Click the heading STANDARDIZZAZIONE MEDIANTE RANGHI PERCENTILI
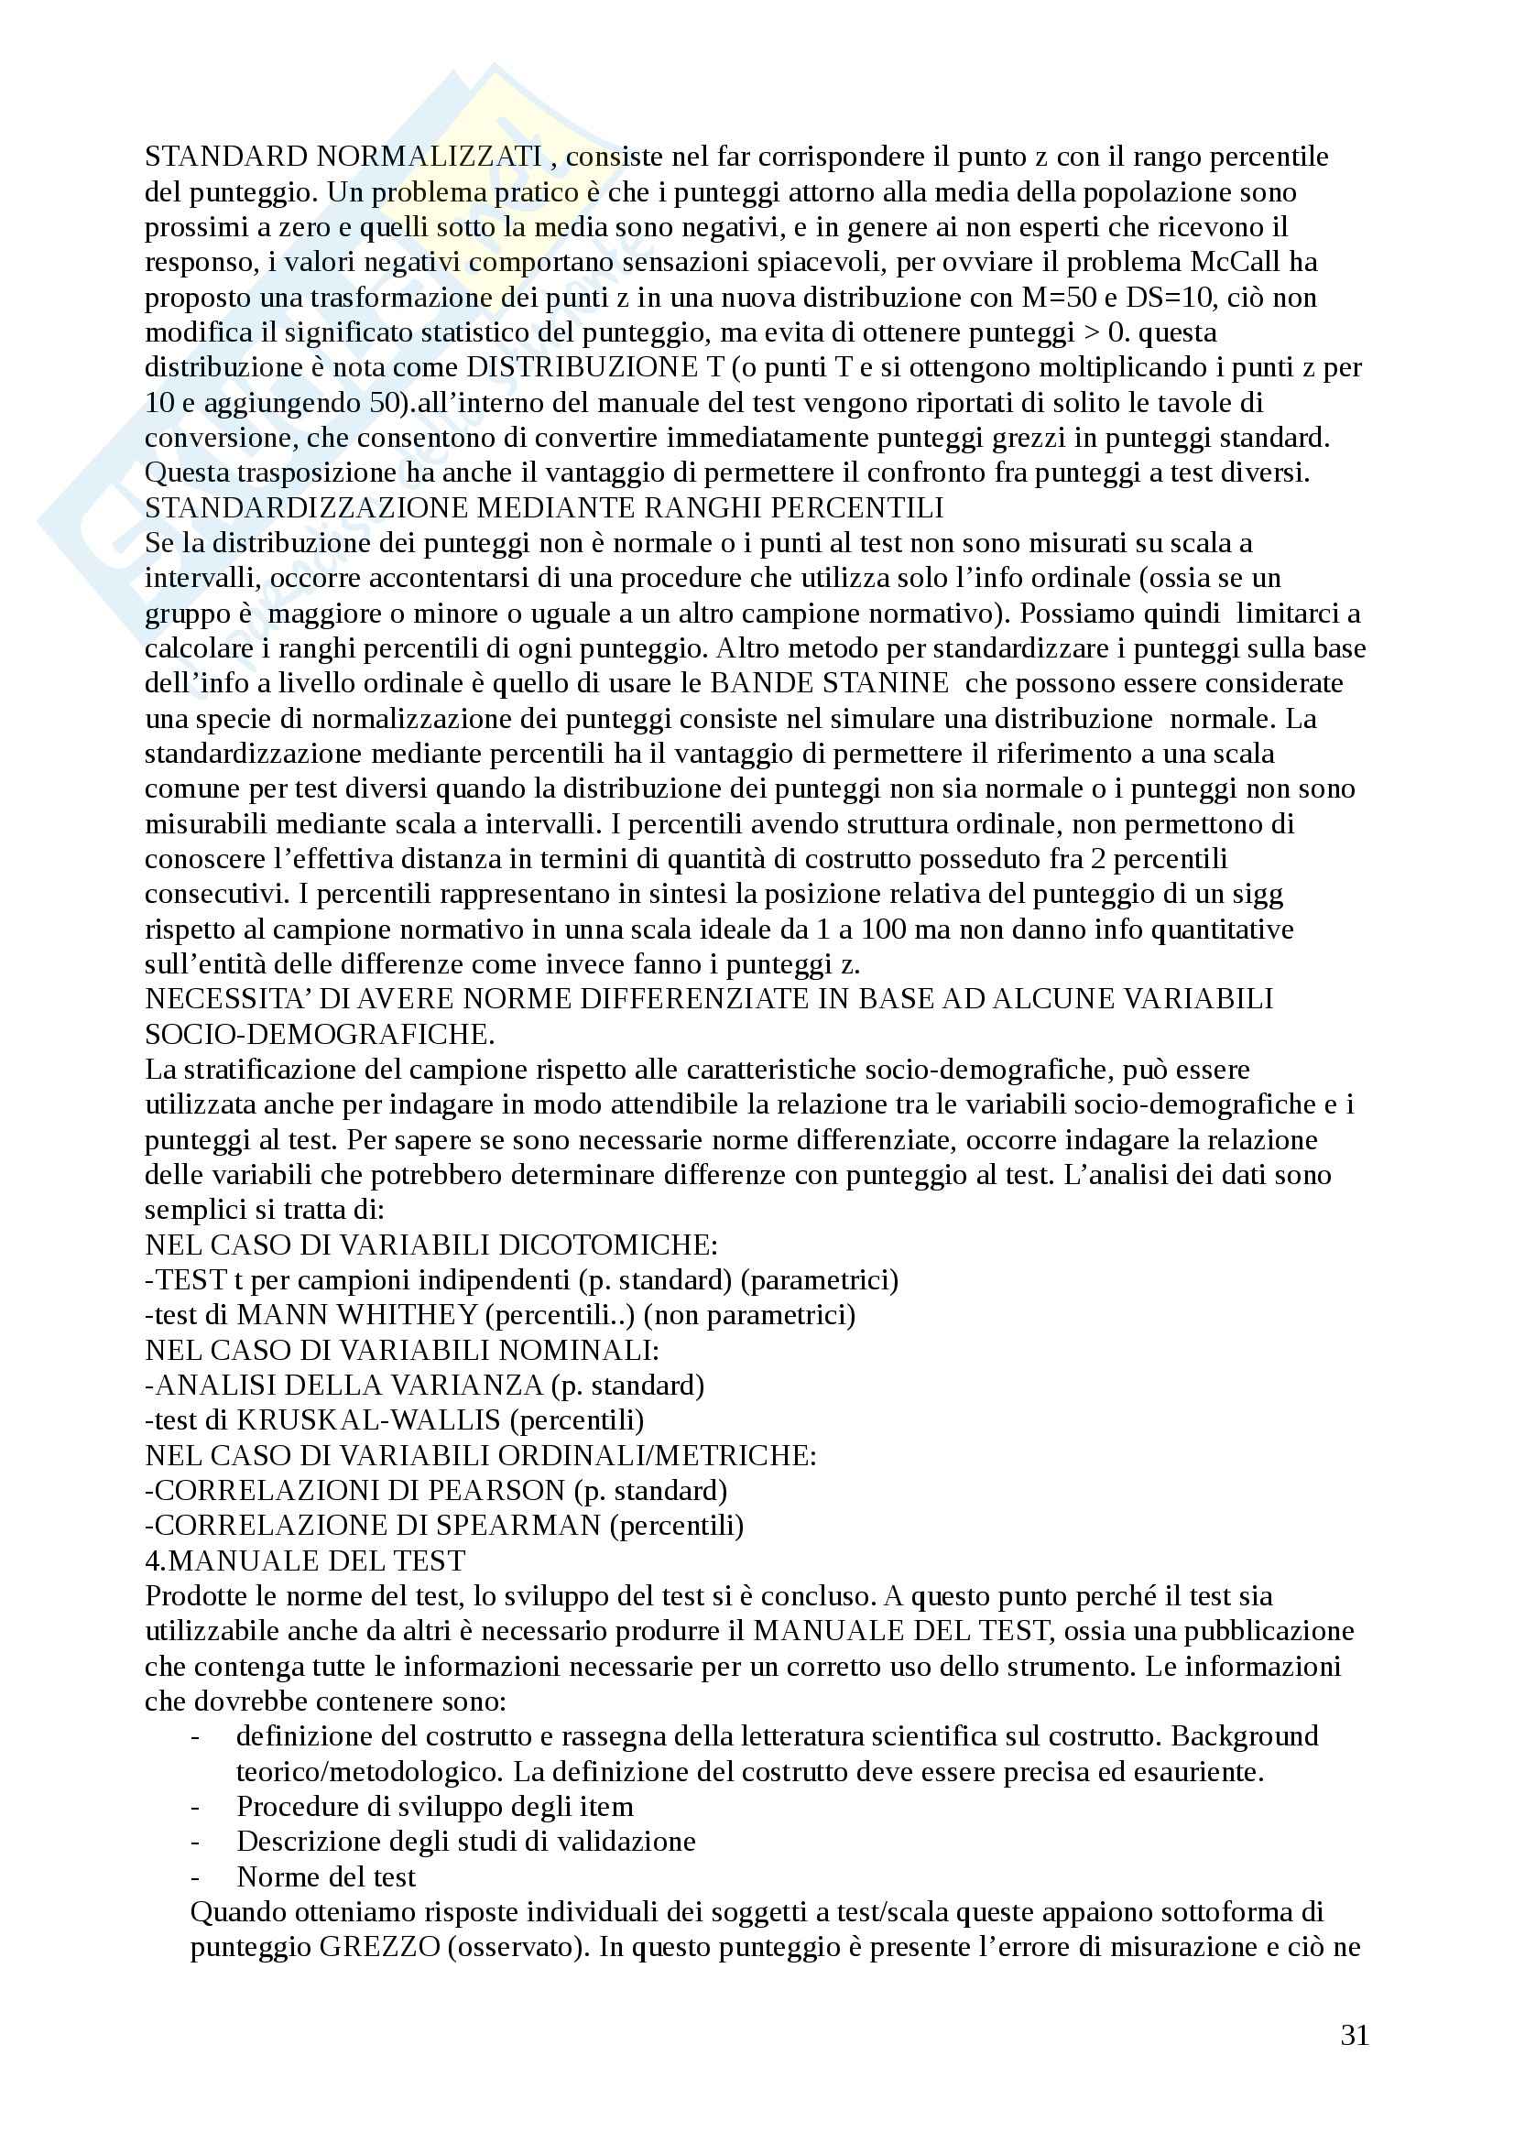[x=544, y=507]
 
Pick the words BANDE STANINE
[x=829, y=683]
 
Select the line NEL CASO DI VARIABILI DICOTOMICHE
[x=431, y=1245]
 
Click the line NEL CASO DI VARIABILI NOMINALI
[x=402, y=1350]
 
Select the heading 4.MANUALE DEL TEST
[x=305, y=1560]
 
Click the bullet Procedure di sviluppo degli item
[x=435, y=1806]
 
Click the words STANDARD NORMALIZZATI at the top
[x=343, y=157]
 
